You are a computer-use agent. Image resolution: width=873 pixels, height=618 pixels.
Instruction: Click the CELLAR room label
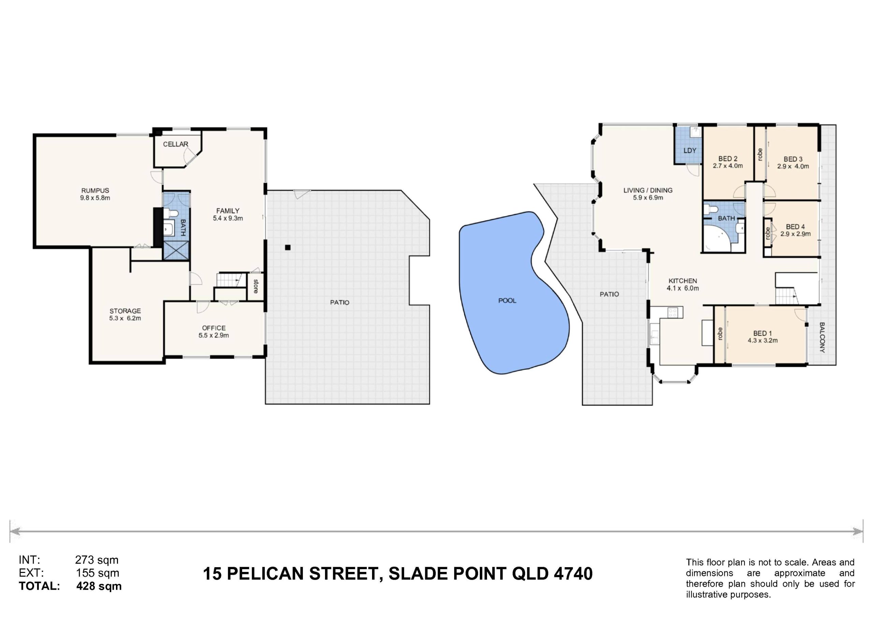tap(176, 144)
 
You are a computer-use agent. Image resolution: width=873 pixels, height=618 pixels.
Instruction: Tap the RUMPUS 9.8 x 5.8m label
tap(95, 194)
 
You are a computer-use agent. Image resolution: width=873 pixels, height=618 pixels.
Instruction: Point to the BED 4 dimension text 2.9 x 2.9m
tap(796, 234)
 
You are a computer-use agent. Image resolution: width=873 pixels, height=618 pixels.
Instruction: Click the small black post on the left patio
tap(288, 247)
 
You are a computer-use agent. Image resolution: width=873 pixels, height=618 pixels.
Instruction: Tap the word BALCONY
tap(822, 337)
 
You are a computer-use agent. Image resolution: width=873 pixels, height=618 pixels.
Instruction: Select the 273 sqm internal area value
tap(97, 560)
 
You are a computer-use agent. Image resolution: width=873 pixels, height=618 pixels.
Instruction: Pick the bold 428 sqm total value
tap(99, 586)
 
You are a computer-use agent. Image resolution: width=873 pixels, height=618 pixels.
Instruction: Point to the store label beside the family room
tap(255, 287)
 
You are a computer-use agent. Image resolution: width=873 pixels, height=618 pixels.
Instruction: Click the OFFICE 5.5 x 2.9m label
tap(214, 331)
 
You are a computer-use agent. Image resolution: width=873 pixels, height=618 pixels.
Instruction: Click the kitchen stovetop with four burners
tap(672, 313)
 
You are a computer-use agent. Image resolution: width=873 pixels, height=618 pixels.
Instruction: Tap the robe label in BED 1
tap(720, 334)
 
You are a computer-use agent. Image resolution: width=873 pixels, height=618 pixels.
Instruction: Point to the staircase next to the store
tap(229, 280)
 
